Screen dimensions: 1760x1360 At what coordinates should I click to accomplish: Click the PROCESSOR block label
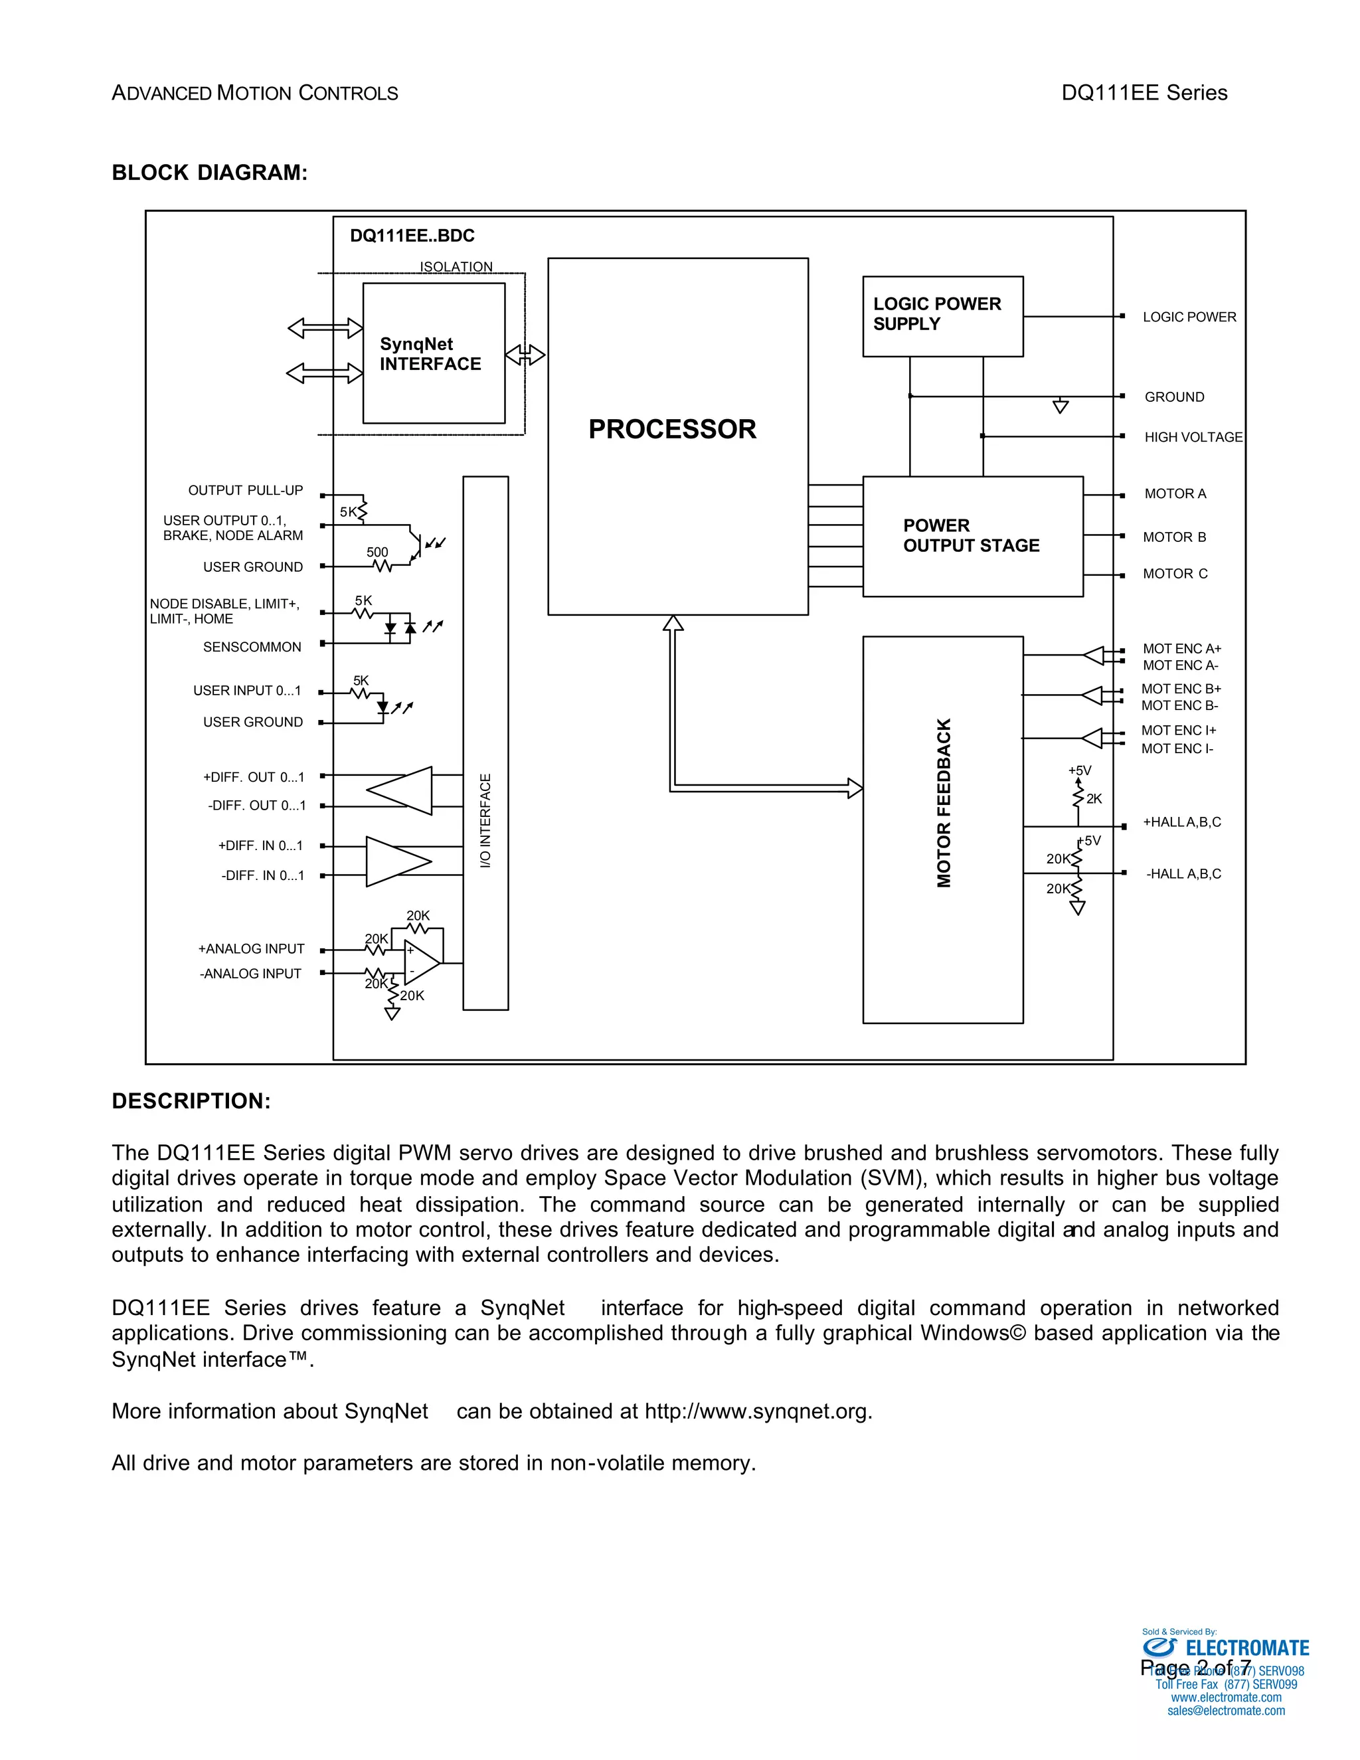[x=672, y=429]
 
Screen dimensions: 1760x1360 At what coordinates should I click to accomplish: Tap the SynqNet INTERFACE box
[x=434, y=353]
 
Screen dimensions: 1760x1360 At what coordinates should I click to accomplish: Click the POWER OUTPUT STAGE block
[x=972, y=536]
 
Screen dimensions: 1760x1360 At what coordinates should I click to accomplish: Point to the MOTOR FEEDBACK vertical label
[x=944, y=803]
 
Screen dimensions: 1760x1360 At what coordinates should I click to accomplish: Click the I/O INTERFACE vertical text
[x=485, y=820]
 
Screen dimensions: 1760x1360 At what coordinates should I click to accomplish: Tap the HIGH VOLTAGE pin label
[x=1193, y=437]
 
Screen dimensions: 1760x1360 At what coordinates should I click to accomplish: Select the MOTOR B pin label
[x=1174, y=537]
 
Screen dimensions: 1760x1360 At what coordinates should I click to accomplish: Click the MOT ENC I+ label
[x=1178, y=730]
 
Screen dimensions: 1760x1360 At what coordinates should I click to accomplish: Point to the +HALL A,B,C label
[x=1181, y=822]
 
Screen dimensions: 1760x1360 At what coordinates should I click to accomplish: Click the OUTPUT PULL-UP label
[x=245, y=490]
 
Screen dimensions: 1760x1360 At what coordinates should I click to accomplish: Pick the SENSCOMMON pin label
[x=252, y=647]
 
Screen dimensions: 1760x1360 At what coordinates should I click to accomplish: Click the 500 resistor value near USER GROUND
[x=377, y=552]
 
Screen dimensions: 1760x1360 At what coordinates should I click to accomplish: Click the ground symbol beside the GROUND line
[x=1061, y=406]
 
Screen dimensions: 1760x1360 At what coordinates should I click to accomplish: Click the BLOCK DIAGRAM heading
[x=209, y=173]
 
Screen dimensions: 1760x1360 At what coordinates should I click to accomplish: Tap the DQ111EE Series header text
[x=1144, y=93]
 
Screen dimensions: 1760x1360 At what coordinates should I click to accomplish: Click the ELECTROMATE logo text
[x=1246, y=1648]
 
